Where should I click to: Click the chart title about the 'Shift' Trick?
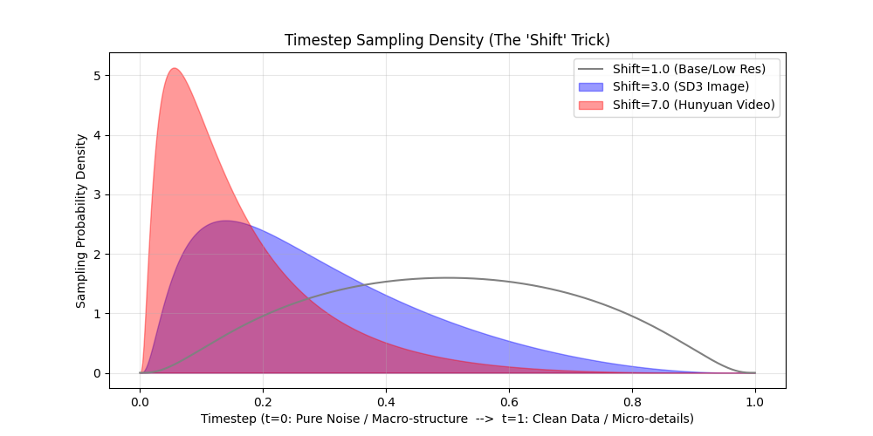pos(447,41)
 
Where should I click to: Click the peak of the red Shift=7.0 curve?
pos(175,69)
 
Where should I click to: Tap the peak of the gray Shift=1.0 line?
pos(447,278)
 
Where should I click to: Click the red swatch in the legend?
pos(590,105)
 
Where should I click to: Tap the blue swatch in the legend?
pos(590,86)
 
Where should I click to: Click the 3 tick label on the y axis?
pos(99,195)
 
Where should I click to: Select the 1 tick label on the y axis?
pos(99,314)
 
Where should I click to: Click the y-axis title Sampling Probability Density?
pos(81,221)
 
